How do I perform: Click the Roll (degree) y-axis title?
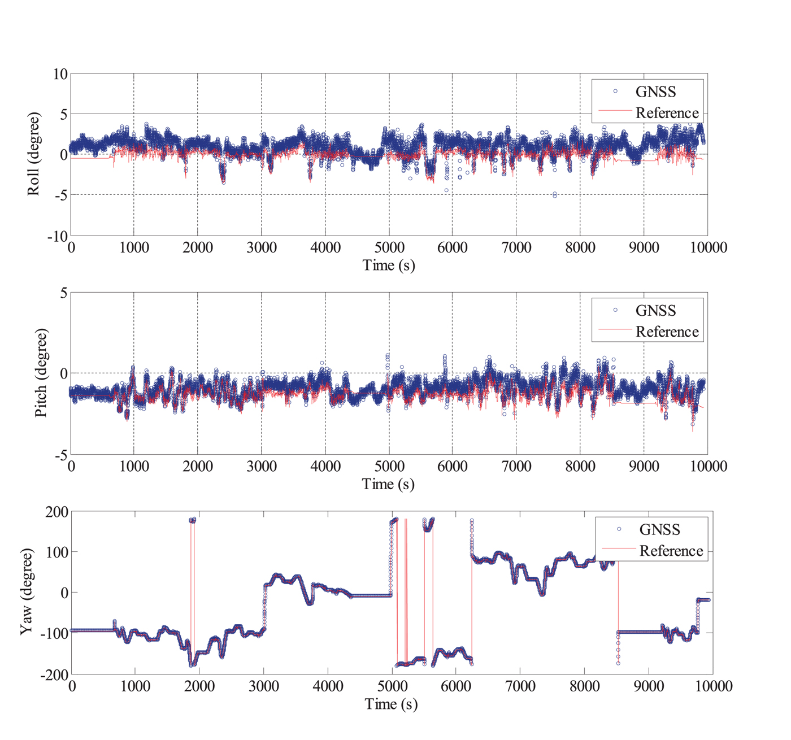point(34,154)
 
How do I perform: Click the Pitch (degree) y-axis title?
point(41,373)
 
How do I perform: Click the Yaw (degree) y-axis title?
point(27,591)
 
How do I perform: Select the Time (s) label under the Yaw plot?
point(391,704)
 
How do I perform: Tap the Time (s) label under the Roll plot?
point(389,265)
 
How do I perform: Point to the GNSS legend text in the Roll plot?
point(655,92)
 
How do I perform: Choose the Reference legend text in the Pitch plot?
point(667,332)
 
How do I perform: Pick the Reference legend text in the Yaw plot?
point(671,551)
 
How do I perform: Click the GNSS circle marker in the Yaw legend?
point(619,529)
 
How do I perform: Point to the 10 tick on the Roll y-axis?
point(60,74)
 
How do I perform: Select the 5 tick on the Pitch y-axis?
point(63,293)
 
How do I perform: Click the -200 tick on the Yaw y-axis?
point(54,674)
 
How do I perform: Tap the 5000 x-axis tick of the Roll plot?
point(389,247)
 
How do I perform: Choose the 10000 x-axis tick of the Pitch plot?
point(708,467)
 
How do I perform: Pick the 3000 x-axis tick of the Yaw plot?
point(264,686)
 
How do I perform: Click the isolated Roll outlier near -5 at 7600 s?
point(555,195)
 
